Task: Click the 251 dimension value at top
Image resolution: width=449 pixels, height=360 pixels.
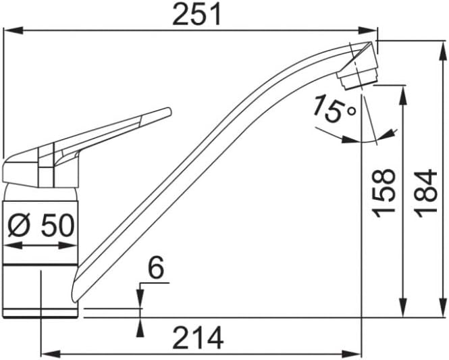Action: click(x=197, y=14)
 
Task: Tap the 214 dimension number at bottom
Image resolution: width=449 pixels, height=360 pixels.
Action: click(x=199, y=338)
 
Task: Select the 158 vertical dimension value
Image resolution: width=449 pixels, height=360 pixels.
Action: click(x=384, y=194)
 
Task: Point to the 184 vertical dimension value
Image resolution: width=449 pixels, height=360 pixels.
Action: click(x=426, y=193)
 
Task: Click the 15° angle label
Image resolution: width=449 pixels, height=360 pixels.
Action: click(x=334, y=109)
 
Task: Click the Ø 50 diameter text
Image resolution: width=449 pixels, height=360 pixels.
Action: click(x=41, y=226)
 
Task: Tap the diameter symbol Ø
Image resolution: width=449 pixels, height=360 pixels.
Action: click(x=19, y=226)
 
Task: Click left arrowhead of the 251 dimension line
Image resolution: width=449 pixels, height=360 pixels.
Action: click(x=13, y=30)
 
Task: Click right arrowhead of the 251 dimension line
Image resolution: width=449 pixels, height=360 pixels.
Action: click(x=368, y=30)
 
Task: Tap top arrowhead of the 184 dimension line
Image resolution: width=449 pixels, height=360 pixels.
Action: click(x=443, y=51)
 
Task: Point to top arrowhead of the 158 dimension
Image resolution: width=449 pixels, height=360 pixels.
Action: click(x=404, y=95)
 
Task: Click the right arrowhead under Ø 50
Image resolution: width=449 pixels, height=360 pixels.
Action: click(x=68, y=245)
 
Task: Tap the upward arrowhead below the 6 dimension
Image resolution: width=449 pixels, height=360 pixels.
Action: click(x=140, y=328)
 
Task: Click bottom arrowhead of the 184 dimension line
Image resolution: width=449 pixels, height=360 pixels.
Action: click(x=443, y=307)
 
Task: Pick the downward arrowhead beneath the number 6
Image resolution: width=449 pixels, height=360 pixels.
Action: click(x=140, y=299)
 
